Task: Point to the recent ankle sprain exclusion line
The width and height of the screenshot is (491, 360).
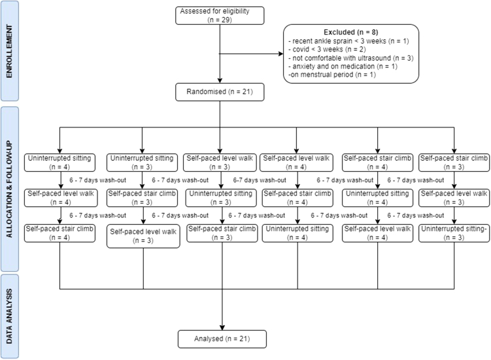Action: click(x=339, y=42)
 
